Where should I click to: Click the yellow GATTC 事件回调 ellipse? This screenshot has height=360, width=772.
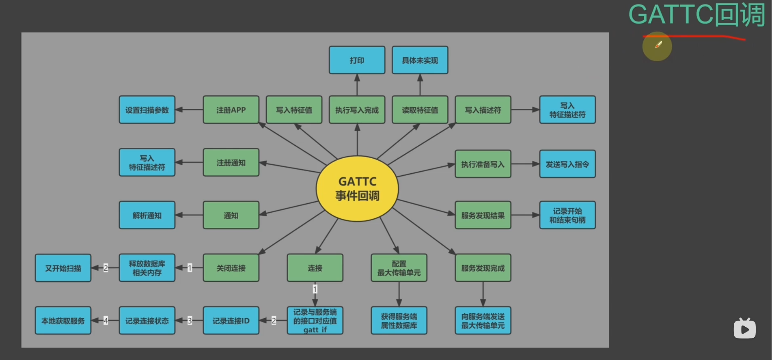point(357,189)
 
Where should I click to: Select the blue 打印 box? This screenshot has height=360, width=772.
point(357,60)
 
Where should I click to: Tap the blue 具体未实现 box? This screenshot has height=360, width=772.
point(420,60)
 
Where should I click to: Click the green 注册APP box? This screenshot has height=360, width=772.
point(231,110)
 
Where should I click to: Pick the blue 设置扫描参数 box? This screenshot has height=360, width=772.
point(147,110)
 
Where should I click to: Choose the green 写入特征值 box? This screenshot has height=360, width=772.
point(294,110)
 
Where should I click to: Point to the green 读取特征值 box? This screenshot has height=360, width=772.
point(420,110)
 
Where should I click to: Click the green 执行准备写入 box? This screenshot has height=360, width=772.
point(483,164)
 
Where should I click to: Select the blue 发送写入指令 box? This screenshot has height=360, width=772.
point(567,164)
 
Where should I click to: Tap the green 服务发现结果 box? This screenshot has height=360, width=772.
point(483,215)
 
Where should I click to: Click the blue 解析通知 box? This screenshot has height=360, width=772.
point(147,215)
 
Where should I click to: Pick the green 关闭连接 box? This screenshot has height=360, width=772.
point(231,268)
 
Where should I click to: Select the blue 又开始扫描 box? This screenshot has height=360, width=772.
point(63,268)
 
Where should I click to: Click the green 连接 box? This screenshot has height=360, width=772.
point(315,268)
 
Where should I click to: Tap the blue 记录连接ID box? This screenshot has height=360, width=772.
point(231,321)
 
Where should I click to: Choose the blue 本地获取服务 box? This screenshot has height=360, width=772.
point(63,321)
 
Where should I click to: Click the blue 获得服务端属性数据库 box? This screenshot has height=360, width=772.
point(399,321)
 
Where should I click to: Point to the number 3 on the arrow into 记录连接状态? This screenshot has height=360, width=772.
point(190,321)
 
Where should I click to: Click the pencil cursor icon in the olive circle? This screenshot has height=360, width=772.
point(658,45)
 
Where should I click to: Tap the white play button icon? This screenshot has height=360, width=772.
point(744,329)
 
